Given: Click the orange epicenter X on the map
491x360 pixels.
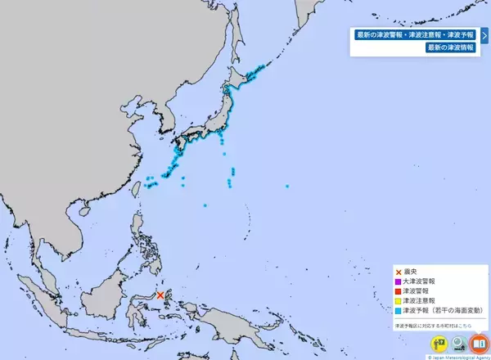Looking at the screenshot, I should coord(160,295).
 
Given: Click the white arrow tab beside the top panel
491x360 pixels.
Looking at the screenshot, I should coord(484,35).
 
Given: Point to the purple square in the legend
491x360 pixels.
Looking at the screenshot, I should coord(399,281).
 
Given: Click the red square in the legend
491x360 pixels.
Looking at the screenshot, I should coord(399,291).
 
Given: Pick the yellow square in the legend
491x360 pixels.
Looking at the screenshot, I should coord(399,301).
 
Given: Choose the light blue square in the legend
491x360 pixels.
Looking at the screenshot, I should coord(399,311).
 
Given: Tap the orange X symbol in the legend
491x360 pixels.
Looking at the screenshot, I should coord(399,272).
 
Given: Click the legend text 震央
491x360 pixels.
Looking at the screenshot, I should coord(411,272).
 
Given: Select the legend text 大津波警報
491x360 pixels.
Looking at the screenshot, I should coord(419,281).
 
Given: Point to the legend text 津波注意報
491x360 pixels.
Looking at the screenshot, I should coord(419,301).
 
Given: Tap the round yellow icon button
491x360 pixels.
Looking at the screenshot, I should coord(436,344).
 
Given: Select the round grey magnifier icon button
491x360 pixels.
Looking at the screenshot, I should coord(457,344).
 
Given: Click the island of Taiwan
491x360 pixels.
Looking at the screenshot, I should coord(137,189).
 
